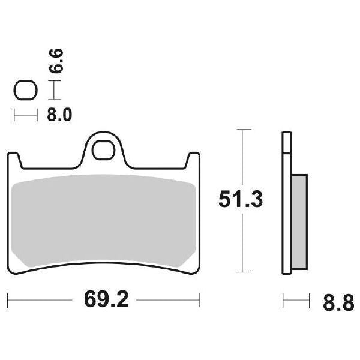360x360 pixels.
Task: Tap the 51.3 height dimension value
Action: click(241, 200)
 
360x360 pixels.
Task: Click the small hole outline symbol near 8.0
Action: click(25, 91)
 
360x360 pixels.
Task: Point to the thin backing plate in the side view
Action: click(286, 204)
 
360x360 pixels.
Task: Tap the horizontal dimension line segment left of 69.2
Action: click(42, 298)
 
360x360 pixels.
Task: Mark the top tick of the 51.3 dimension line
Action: click(242, 129)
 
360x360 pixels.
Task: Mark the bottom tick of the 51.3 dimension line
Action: click(242, 272)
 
